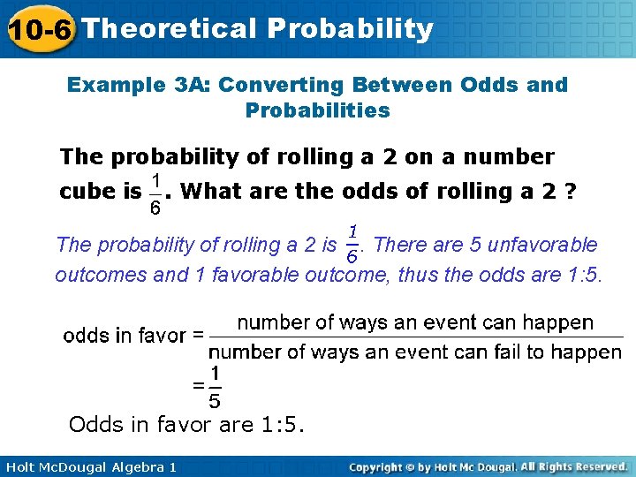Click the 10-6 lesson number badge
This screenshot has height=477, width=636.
38,29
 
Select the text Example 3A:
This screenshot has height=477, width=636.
139,85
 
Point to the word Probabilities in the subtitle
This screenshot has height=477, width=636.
317,110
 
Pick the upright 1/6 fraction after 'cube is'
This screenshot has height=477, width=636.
155,193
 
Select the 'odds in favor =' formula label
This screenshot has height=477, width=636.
133,336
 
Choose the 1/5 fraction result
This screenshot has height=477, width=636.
215,387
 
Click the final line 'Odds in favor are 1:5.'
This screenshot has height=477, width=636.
186,425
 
